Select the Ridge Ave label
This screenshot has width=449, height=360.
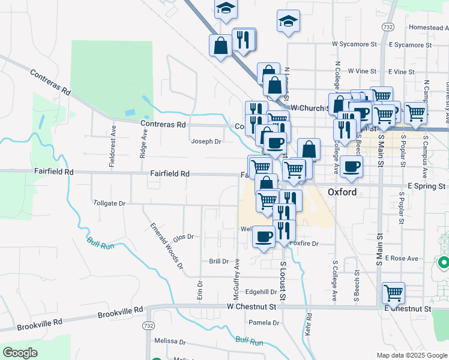(x=143, y=146)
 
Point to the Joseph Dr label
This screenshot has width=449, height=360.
(x=206, y=142)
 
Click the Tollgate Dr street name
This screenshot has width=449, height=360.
(x=109, y=203)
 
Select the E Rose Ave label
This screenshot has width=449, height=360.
(x=402, y=258)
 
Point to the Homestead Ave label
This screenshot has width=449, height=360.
(x=428, y=28)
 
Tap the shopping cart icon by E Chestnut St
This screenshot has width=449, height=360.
(x=393, y=293)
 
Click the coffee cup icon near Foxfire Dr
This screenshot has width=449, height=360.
(x=264, y=237)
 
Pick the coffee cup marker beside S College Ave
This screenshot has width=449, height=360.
(x=352, y=166)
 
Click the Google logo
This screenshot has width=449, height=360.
(x=20, y=352)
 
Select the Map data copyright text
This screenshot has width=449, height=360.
(x=412, y=355)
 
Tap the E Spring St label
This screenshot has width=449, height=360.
(x=427, y=187)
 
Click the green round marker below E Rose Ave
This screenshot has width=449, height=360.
(x=444, y=262)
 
